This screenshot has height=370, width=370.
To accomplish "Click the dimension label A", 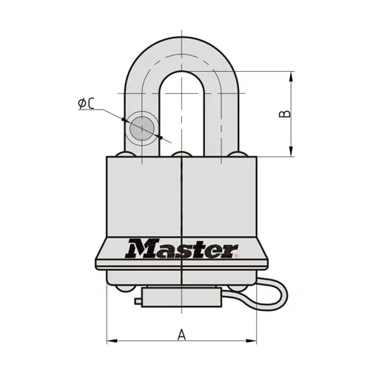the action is click(x=181, y=334).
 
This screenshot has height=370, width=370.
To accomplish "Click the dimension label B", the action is click(x=285, y=114).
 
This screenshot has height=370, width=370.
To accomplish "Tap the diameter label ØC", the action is click(x=86, y=104).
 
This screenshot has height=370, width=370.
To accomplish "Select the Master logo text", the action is click(x=181, y=248).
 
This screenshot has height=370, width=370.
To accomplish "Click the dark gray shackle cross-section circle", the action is click(x=142, y=128).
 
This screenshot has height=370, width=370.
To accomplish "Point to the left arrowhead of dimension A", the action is click(x=112, y=341).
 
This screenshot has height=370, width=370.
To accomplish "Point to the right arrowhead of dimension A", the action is click(x=252, y=341).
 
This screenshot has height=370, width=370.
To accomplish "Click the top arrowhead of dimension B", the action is click(x=292, y=76).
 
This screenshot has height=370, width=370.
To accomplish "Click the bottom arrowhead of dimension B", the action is click(x=292, y=151).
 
